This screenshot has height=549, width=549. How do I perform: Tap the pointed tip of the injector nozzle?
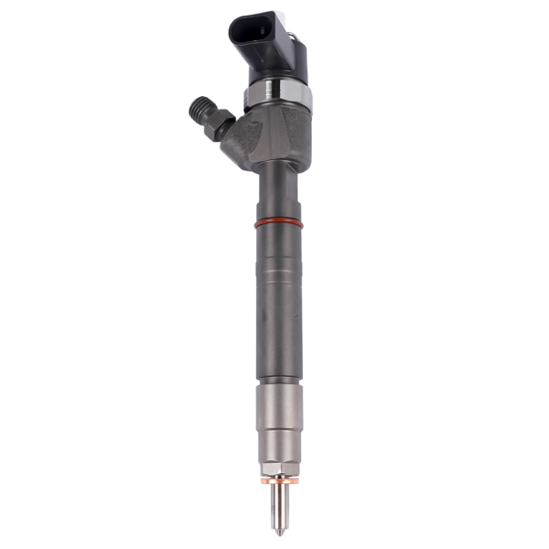[x=278, y=531]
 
